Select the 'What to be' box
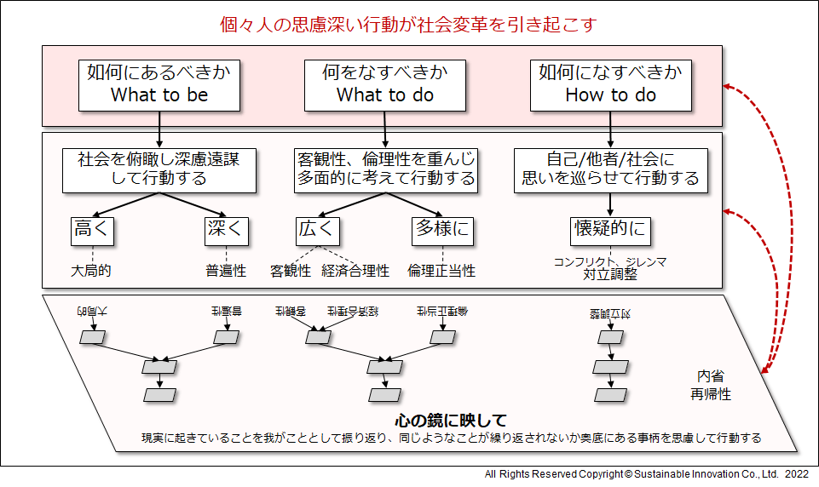(159, 83)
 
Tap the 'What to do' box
(385, 83)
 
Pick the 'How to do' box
(610, 83)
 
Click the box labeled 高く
(92, 229)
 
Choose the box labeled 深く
(227, 229)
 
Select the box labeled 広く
(318, 229)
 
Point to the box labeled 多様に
(442, 229)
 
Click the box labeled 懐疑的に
(609, 229)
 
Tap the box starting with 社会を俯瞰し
(159, 169)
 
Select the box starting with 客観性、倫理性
(385, 169)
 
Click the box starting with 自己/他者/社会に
(610, 169)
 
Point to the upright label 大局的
(91, 271)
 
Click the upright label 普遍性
(226, 271)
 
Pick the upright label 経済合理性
(355, 271)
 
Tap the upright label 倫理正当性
(441, 271)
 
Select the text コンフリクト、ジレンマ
(610, 261)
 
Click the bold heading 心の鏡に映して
(451, 421)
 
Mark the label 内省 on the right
(710, 376)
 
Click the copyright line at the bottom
(646, 473)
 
